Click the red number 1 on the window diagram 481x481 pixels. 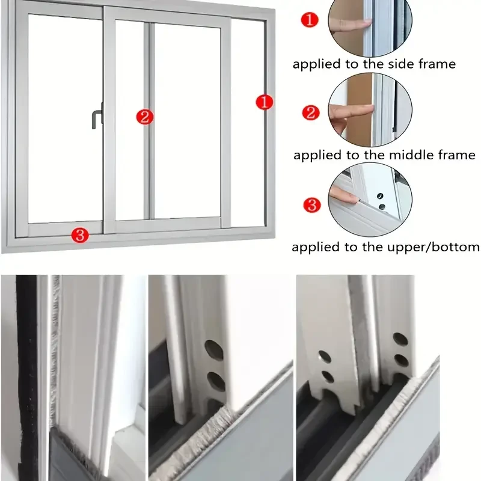tap(265, 102)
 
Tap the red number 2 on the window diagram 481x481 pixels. tap(144, 117)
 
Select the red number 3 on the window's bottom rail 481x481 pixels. tap(79, 234)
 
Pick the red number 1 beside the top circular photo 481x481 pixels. tap(309, 20)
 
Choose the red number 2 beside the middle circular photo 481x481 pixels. tap(310, 112)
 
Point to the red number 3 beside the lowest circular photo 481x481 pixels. tap(311, 205)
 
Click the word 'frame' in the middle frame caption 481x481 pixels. tap(453, 155)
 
